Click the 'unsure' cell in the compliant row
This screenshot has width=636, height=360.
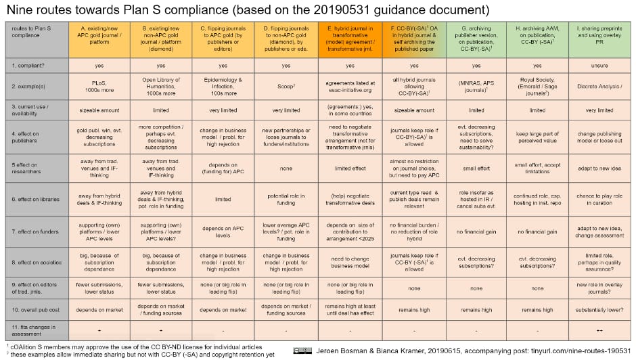600,66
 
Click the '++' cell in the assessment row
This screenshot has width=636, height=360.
600,330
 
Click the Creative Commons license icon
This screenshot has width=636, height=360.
302,351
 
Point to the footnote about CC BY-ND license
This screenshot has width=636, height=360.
135,345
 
